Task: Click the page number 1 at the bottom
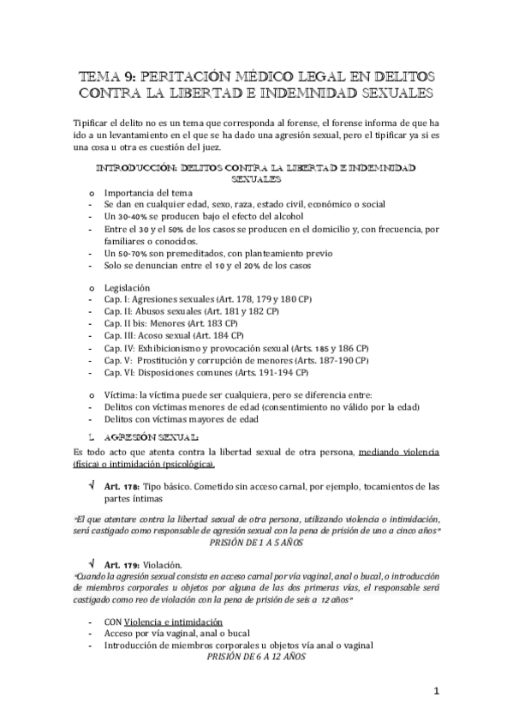click(436, 691)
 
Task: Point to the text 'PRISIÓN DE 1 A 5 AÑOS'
click(257, 542)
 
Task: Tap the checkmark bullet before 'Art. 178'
click(92, 486)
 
